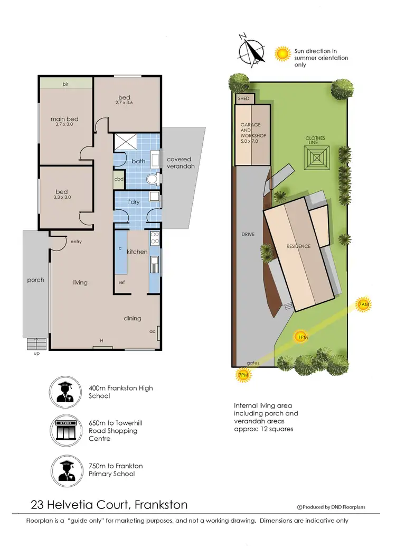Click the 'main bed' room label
(x=64, y=119)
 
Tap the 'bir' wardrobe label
(x=66, y=84)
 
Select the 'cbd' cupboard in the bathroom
(x=119, y=179)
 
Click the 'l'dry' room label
(x=133, y=202)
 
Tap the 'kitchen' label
(x=137, y=252)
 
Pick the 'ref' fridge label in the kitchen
(x=121, y=282)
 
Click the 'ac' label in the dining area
(x=152, y=331)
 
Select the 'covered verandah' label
(x=179, y=163)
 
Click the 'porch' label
(x=35, y=280)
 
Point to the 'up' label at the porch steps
(x=36, y=353)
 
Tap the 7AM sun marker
(x=363, y=305)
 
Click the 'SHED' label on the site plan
(x=243, y=98)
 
